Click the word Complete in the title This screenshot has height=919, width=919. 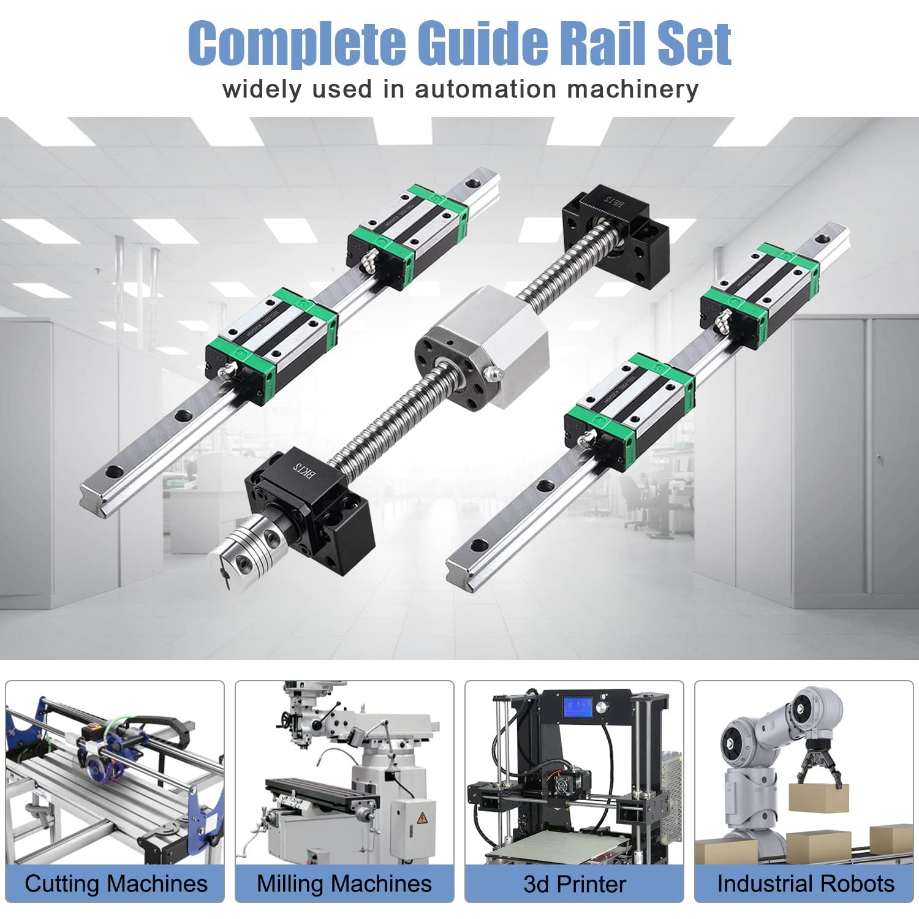click(x=297, y=43)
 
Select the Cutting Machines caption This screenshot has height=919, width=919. click(x=116, y=883)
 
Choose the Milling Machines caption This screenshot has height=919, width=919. click(x=344, y=883)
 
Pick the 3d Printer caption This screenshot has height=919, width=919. click(x=574, y=883)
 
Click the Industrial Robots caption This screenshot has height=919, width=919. click(x=805, y=883)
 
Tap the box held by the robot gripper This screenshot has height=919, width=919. click(x=818, y=796)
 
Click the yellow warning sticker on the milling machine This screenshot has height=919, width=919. click(x=422, y=819)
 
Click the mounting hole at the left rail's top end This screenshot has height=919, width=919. click(x=471, y=183)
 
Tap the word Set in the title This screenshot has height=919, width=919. click(x=695, y=43)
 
